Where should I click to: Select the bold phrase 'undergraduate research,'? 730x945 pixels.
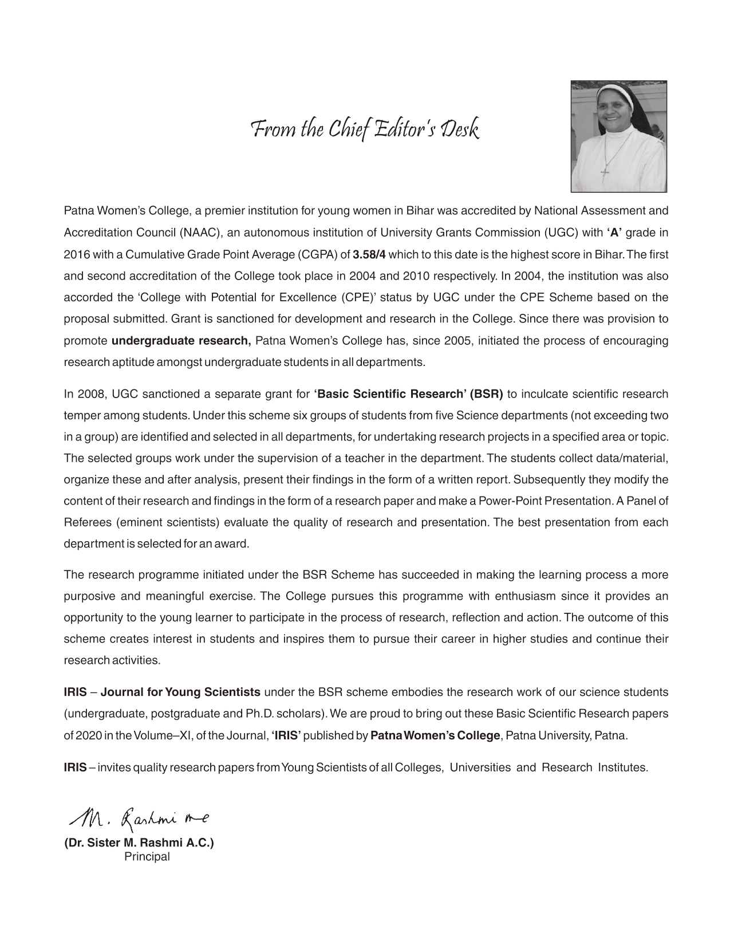[181, 341]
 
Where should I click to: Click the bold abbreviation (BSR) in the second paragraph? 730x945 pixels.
[486, 394]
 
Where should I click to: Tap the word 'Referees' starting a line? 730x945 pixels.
[84, 522]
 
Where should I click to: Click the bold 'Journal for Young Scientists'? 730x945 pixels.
[181, 692]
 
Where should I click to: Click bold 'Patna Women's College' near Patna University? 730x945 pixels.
[435, 736]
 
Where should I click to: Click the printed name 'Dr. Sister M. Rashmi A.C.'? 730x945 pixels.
[139, 843]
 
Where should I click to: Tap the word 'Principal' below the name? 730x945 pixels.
[147, 857]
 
